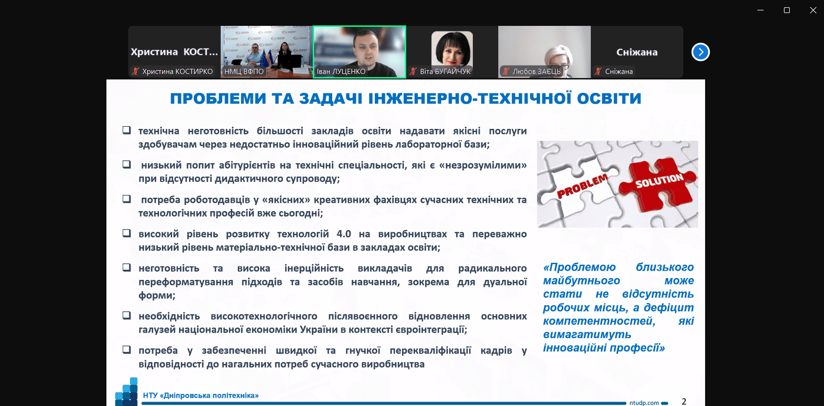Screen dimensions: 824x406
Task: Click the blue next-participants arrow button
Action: (x=700, y=52)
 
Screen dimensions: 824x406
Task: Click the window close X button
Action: (x=813, y=10)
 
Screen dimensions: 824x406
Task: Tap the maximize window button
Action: (x=787, y=10)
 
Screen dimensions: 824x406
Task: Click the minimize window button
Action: (x=760, y=10)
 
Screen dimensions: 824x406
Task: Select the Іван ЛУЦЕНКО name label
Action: (x=341, y=72)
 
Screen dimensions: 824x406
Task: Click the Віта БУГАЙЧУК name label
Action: (x=445, y=72)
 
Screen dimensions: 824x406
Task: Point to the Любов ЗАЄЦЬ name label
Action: (x=536, y=72)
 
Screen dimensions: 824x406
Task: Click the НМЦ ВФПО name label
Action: (x=244, y=72)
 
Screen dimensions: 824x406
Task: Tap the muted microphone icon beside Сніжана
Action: (x=598, y=71)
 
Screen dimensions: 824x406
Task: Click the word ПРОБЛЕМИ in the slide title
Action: (x=218, y=98)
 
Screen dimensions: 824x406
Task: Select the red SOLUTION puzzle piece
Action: (x=657, y=183)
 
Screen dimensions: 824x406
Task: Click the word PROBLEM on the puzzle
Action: (x=582, y=186)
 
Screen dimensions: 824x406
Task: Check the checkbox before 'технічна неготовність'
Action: (x=126, y=130)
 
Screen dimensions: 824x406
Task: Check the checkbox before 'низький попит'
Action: (x=126, y=164)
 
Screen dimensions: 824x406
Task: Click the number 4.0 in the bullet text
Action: (x=344, y=234)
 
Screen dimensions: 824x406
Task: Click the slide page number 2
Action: (x=684, y=401)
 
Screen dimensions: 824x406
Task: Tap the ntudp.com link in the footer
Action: (x=644, y=403)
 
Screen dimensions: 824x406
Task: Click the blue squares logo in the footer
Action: (x=126, y=392)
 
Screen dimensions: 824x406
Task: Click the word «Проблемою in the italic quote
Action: (x=579, y=267)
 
